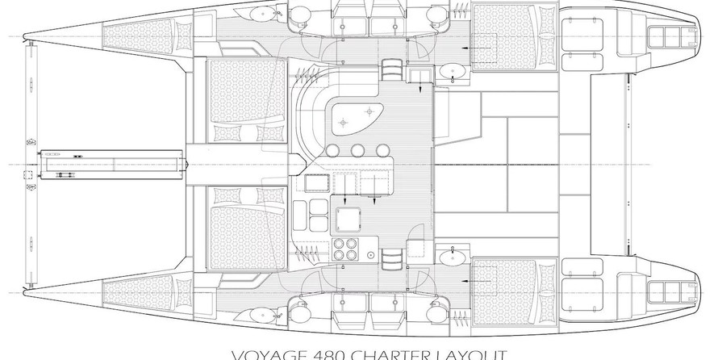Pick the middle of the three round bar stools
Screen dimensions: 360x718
[x=357, y=150]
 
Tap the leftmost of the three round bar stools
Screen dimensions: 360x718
[x=332, y=150]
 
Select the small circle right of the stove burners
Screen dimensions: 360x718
[x=370, y=256]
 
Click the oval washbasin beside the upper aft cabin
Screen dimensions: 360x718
[x=451, y=72]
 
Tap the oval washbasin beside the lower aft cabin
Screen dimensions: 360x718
[x=450, y=256]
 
